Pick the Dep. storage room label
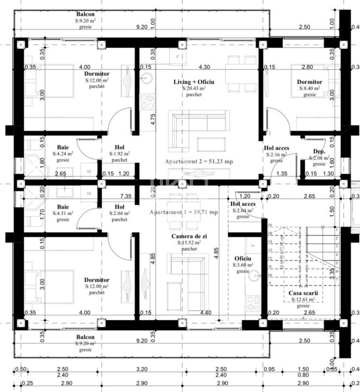tap(319, 151)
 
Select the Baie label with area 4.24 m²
tap(63, 147)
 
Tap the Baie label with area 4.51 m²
tap(63, 207)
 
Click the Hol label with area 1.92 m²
tap(120, 147)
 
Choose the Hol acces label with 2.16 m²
tap(276, 148)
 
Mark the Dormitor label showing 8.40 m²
tap(309, 82)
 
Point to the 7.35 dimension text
tap(126, 195)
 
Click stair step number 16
tap(270, 225)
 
